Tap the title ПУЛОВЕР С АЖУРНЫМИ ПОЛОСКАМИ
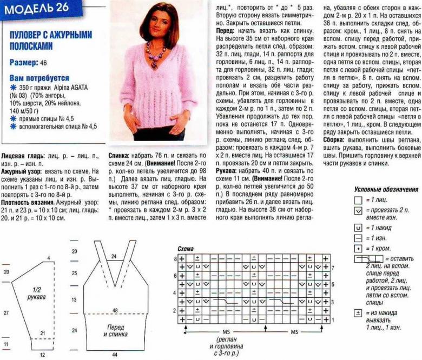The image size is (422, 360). (x=51, y=39)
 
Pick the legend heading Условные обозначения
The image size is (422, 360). (x=386, y=190)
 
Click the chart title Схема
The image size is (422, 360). (x=186, y=249)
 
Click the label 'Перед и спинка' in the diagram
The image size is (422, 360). (x=114, y=330)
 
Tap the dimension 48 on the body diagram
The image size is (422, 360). (x=115, y=310)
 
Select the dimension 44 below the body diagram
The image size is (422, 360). (x=115, y=355)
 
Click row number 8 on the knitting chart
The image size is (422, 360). (x=175, y=259)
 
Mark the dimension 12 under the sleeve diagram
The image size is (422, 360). (x=41, y=356)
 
